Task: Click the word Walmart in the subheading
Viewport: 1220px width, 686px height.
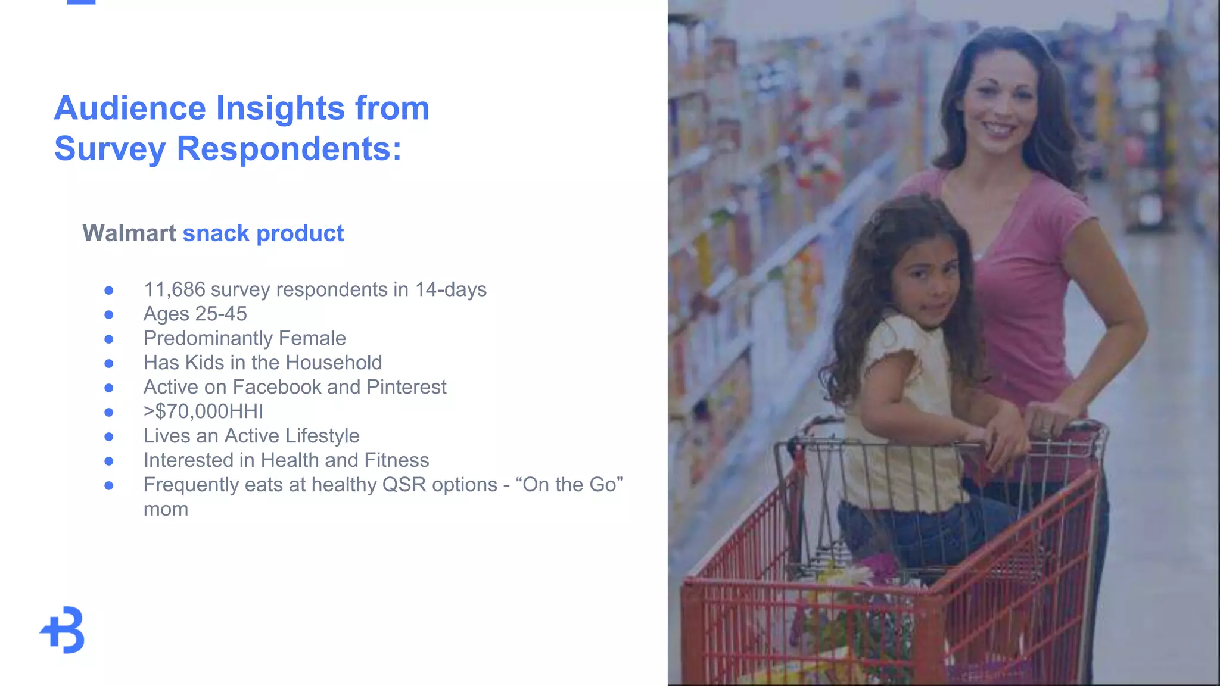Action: coord(129,233)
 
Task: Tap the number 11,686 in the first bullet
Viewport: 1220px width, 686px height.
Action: coord(174,289)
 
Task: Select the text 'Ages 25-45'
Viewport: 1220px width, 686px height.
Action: coord(195,314)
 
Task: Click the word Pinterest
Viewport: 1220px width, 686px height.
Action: coord(406,387)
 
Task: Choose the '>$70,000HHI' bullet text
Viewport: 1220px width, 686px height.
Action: coord(203,411)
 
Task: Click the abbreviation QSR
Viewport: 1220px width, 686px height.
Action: coord(404,485)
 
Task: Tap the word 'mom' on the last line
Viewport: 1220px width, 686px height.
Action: coord(166,509)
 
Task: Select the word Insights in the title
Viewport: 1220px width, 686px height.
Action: coord(280,108)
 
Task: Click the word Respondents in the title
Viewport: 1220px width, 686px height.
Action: coord(289,149)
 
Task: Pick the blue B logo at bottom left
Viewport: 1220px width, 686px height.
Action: coord(63,630)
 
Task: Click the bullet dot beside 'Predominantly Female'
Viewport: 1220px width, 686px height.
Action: coord(108,339)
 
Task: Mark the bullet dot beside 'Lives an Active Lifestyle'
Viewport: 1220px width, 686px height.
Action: coord(108,436)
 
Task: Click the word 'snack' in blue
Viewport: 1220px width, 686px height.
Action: coord(216,233)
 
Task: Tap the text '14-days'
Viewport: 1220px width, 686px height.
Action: coord(450,289)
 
